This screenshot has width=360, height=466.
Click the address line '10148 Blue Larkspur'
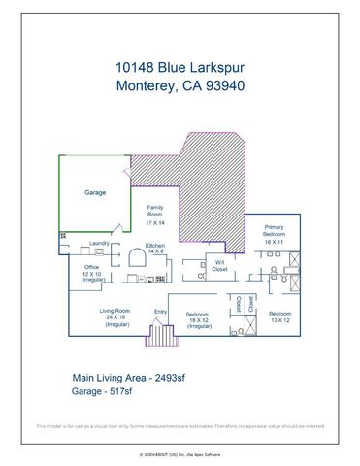click(x=180, y=68)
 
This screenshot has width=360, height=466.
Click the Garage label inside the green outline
click(x=95, y=193)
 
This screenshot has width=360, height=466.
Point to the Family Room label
click(x=154, y=211)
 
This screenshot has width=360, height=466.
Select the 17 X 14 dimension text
click(x=154, y=222)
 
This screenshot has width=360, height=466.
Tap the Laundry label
click(x=98, y=243)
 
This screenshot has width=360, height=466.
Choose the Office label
click(x=92, y=267)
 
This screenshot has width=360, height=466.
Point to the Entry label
click(x=160, y=311)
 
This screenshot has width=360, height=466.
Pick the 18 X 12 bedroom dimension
click(x=198, y=320)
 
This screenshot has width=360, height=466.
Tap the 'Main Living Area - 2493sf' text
click(x=129, y=378)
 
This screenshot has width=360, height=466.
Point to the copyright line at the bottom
click(x=180, y=453)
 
